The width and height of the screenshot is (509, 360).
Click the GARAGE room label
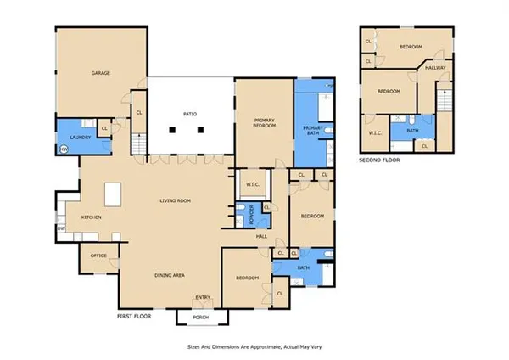(x=103, y=74)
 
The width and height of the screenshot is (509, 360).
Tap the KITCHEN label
(x=91, y=217)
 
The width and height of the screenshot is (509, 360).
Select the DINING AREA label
(x=169, y=275)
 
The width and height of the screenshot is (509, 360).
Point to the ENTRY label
(x=203, y=296)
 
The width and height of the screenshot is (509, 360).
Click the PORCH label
(x=202, y=317)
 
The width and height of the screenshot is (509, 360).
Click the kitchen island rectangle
(x=113, y=194)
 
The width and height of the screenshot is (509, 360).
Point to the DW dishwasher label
(x=61, y=228)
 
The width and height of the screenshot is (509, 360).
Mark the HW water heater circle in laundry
(x=63, y=149)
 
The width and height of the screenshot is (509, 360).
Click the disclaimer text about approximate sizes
(x=255, y=347)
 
